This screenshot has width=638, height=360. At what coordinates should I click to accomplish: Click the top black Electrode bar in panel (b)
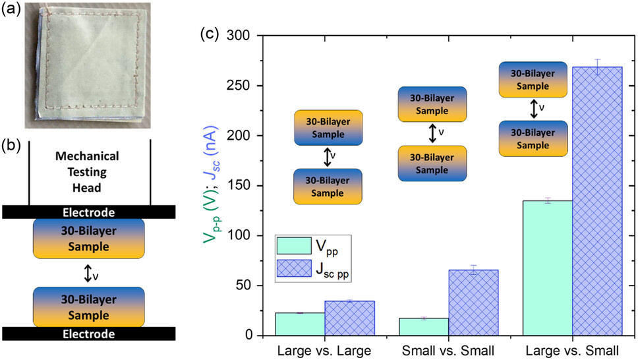point(88,212)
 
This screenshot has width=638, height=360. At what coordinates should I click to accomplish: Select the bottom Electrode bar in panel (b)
point(88,334)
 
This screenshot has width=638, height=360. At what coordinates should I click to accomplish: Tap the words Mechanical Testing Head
point(88,169)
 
